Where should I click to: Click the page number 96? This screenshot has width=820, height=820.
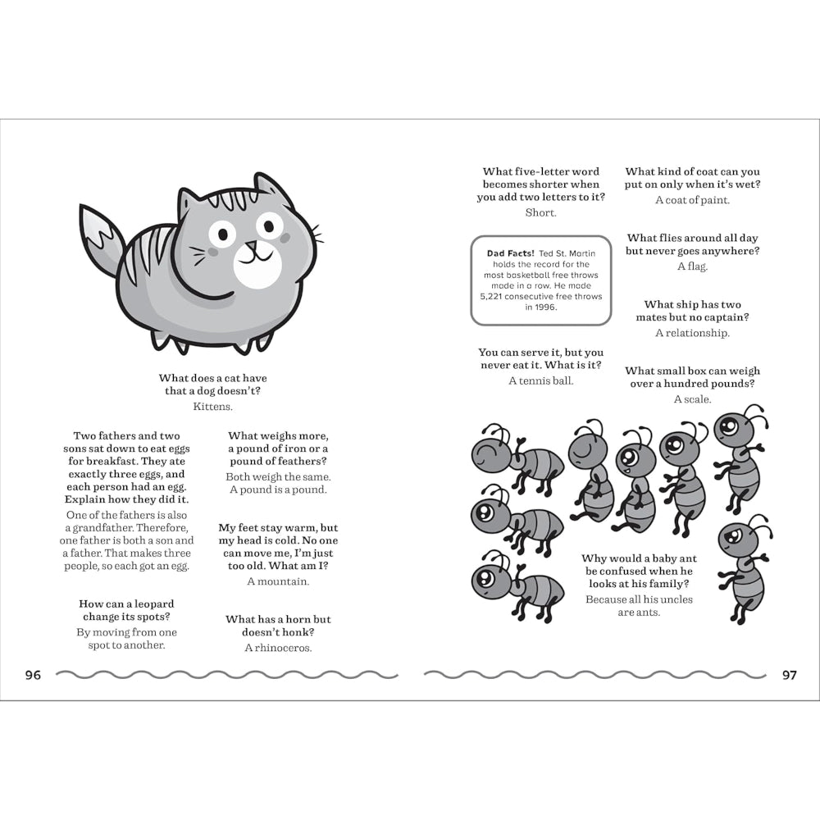pyautogui.click(x=33, y=675)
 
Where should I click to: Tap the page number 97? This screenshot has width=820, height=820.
pyautogui.click(x=789, y=675)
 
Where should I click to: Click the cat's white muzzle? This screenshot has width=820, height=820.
pyautogui.click(x=257, y=265)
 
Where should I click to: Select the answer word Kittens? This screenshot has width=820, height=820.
pyautogui.click(x=213, y=405)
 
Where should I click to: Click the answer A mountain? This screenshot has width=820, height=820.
pyautogui.click(x=278, y=581)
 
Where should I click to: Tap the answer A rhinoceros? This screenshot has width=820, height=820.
pyautogui.click(x=278, y=648)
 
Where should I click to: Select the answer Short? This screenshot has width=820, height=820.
pyautogui.click(x=540, y=212)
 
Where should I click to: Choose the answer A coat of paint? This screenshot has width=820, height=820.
pyautogui.click(x=692, y=200)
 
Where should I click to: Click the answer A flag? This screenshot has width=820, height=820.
pyautogui.click(x=692, y=266)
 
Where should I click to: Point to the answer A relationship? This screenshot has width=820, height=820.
pyautogui.click(x=692, y=333)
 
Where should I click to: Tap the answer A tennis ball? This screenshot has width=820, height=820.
pyautogui.click(x=540, y=380)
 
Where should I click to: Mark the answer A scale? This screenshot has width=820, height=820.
pyautogui.click(x=692, y=399)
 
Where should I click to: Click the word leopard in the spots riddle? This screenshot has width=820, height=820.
pyautogui.click(x=153, y=604)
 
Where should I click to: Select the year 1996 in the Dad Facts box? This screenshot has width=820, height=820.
pyautogui.click(x=543, y=307)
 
